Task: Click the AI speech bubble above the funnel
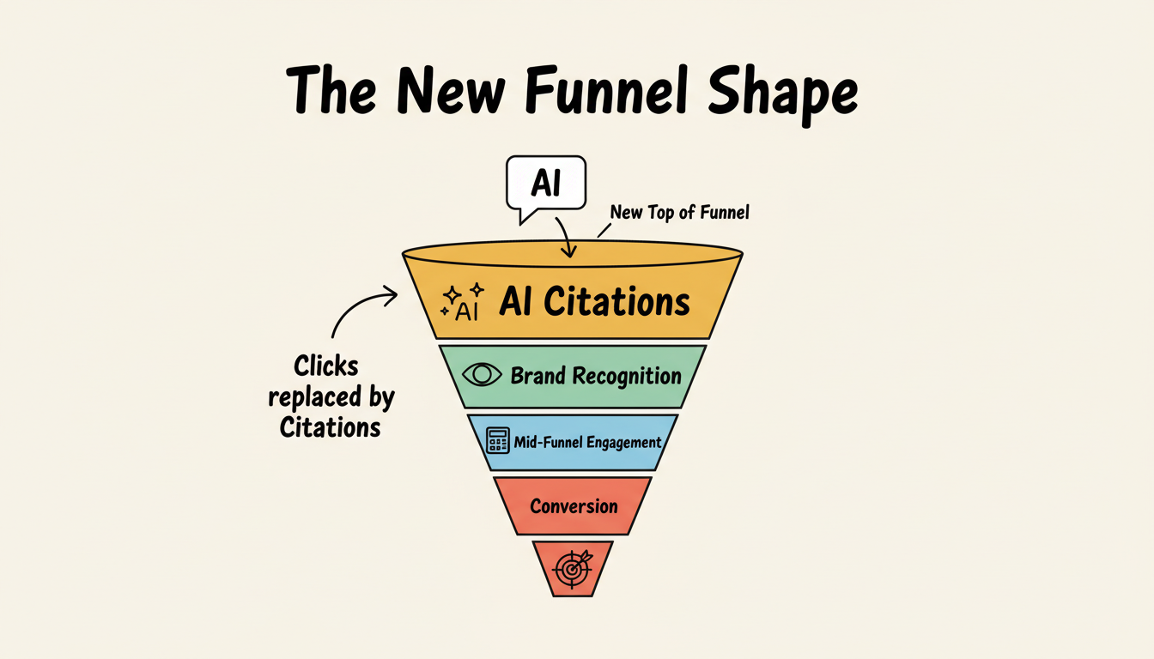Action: coord(546,183)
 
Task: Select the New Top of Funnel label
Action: coord(679,212)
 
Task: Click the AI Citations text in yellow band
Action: coord(594,301)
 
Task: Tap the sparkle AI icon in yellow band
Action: coord(462,302)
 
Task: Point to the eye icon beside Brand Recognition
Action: coord(482,375)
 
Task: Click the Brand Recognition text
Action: coord(596,376)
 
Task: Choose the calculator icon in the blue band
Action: coord(497,441)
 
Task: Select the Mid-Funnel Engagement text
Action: coord(587,443)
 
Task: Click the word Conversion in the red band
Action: coord(574,505)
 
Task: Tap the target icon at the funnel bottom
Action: coord(573,567)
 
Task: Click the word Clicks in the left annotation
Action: coord(326,366)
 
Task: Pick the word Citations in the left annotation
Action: coord(330,426)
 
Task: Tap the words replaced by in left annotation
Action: coord(331,397)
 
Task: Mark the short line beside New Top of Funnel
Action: coord(604,229)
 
